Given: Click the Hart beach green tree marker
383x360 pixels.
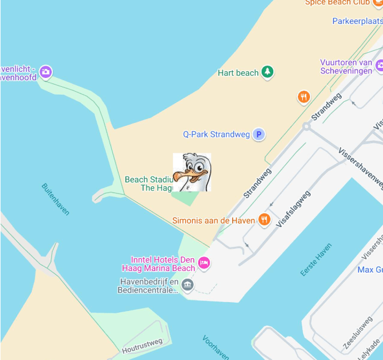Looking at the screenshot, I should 268,72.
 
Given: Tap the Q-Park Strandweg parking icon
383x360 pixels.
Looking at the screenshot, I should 258,134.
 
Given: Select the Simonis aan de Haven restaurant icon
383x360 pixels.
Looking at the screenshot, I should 264,220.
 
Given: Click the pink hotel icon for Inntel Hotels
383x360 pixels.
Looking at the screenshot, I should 204,263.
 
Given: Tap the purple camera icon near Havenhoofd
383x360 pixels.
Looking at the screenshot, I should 46,72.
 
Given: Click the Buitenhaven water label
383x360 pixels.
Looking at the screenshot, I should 55,199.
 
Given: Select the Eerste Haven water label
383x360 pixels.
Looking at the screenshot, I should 316,259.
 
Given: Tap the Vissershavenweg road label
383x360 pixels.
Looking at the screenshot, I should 361,167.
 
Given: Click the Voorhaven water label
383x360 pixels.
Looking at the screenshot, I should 216,347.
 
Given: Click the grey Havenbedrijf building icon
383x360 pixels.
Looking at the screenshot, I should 188,285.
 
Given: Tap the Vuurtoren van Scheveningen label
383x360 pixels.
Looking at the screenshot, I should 346,66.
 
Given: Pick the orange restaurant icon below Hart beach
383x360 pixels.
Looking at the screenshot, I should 303,97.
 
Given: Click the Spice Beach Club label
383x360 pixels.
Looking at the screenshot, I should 337,3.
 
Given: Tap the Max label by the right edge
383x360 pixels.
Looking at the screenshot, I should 370,270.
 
